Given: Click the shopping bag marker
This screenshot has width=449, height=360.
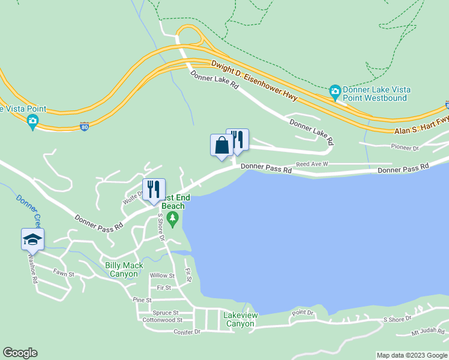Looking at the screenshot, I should tap(221, 146).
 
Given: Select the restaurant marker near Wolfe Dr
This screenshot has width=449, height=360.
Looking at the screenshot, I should tap(153, 190).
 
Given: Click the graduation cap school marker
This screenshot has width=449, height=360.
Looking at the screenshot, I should tap(32, 240).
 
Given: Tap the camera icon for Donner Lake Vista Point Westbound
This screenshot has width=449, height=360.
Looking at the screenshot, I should tap(335, 92).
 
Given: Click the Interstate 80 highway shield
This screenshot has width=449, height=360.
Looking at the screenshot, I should tap(85, 127).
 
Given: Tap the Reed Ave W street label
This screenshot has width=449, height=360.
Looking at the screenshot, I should tap(312, 164).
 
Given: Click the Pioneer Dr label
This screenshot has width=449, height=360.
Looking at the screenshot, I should tap(404, 148).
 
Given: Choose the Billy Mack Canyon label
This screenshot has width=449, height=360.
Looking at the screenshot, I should tap(125, 270).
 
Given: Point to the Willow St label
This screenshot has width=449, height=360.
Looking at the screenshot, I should tap(162, 276).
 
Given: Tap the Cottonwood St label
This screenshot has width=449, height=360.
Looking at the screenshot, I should tap(163, 320).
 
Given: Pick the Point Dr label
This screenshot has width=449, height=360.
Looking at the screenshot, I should tap(303, 313).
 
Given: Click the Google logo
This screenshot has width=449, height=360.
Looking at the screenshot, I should tap(20, 353).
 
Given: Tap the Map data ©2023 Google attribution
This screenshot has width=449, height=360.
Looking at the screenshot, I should tap(412, 355).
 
